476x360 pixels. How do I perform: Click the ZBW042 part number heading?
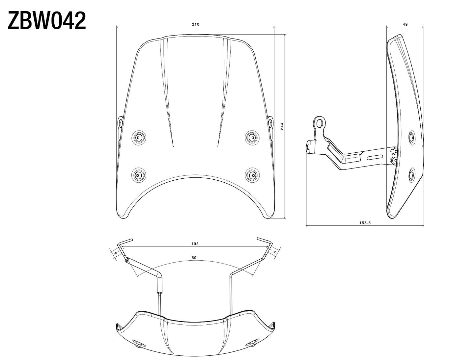(x=46, y=21)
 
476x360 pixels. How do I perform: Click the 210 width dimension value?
(x=196, y=24)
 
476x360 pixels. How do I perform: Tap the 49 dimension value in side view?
(x=405, y=24)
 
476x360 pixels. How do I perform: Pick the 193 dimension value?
(x=195, y=244)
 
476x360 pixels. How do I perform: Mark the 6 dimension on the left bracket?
(x=115, y=252)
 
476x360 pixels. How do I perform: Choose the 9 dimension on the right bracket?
(x=275, y=252)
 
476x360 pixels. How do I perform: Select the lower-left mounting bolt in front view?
(x=138, y=174)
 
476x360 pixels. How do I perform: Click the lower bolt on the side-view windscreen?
(x=411, y=175)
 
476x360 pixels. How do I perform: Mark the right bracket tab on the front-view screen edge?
(x=270, y=123)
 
